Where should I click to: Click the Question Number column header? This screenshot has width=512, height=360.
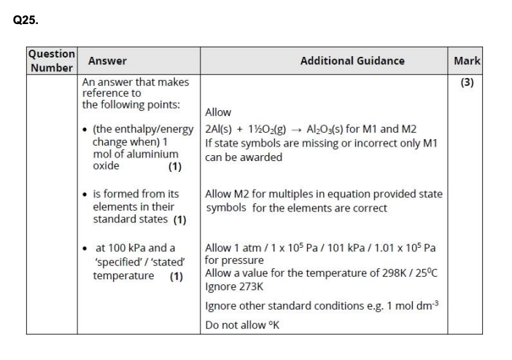pos(51,60)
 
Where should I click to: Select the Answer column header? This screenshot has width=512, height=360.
pos(107,60)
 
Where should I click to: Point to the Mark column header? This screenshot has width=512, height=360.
pos(467,60)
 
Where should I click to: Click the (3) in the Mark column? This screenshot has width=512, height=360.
pos(468,82)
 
